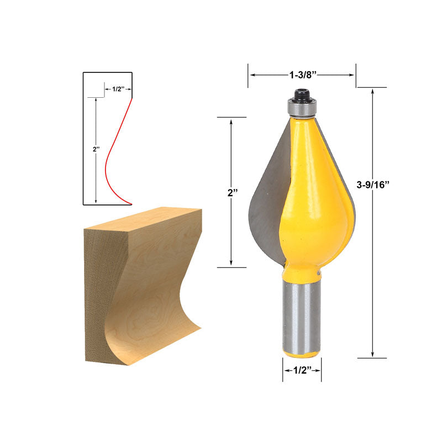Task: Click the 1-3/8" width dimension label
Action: pyautogui.click(x=303, y=75)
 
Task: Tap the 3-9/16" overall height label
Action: pyautogui.click(x=372, y=185)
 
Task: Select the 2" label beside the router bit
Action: pyautogui.click(x=233, y=193)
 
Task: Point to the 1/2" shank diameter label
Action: pyautogui.click(x=302, y=370)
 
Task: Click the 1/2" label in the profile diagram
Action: pyautogui.click(x=118, y=89)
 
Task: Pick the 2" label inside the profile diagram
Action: pyautogui.click(x=96, y=149)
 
